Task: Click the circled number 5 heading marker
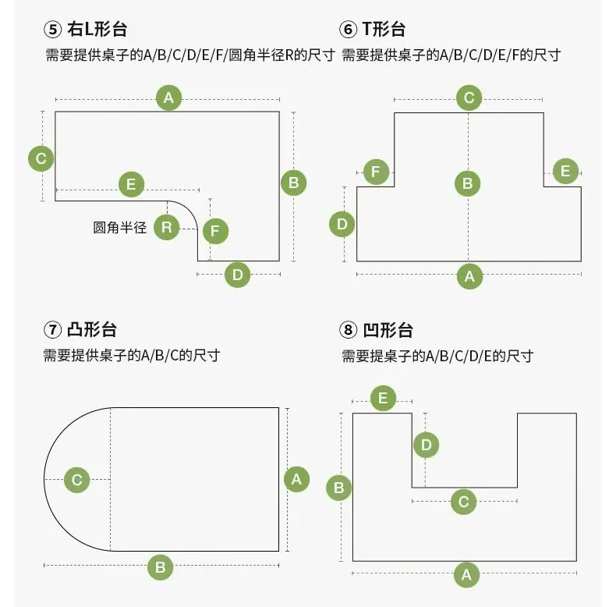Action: point(53,30)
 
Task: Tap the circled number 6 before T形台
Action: point(348,30)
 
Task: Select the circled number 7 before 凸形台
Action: point(53,330)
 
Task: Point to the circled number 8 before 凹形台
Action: point(348,330)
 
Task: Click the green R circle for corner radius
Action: point(167,227)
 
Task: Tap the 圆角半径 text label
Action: point(120,227)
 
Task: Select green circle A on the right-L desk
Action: point(169,98)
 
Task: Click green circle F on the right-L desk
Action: point(215,231)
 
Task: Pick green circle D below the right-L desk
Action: point(237,275)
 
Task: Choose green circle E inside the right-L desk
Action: point(131,184)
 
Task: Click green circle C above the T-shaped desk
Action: point(469,98)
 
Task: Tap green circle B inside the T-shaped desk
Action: point(468,183)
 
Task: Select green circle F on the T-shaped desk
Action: point(376,172)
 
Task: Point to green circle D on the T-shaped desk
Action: point(342,224)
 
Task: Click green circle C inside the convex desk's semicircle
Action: point(77,480)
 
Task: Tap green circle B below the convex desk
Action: point(161,567)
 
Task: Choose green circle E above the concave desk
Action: point(383,398)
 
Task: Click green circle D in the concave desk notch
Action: point(427,445)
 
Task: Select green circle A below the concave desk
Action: point(467,575)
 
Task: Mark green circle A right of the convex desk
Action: point(296,479)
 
